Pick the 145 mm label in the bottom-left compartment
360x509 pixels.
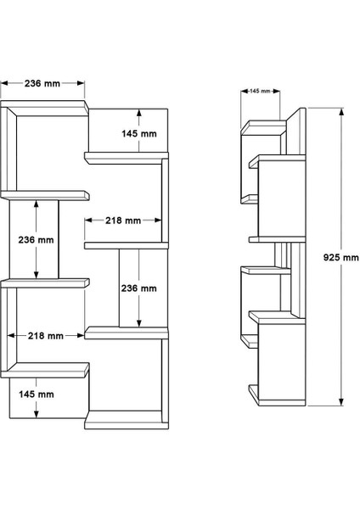pyautogui.click(x=37, y=394)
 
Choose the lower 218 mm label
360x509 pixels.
pyautogui.click(x=46, y=336)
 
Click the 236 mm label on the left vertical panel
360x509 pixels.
pyautogui.click(x=37, y=239)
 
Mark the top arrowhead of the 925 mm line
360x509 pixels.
pyautogui.click(x=341, y=114)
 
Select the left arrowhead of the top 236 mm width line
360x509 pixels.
pyautogui.click(x=3, y=83)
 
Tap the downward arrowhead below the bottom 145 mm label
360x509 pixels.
pyautogui.click(x=37, y=416)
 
